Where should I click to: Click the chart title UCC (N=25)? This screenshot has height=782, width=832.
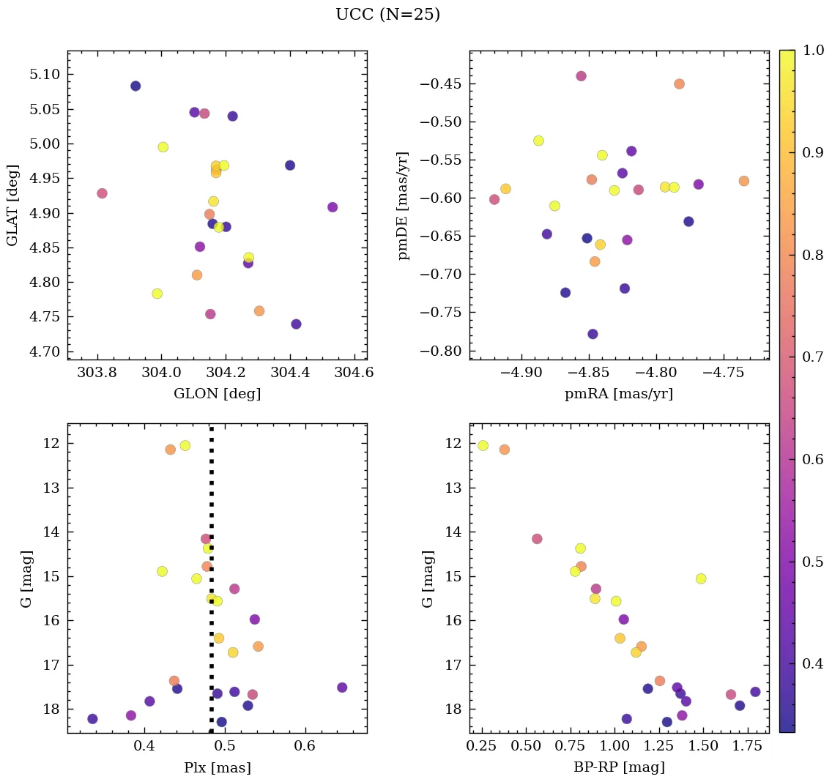(387, 15)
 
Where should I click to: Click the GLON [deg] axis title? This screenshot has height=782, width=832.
(217, 394)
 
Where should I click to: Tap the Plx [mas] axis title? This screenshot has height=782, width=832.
(217, 768)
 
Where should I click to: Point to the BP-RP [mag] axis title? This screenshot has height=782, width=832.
(619, 768)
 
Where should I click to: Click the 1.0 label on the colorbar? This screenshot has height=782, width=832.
(813, 50)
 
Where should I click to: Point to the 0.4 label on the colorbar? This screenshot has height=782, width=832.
(813, 663)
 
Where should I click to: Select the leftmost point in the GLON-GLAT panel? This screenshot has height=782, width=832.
(102, 193)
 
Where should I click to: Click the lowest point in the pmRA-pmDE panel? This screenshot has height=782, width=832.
(593, 334)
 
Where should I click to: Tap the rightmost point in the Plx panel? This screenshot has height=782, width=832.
(342, 688)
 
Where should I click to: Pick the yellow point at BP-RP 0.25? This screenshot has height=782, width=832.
(483, 445)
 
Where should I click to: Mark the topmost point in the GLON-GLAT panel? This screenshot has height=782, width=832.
(135, 86)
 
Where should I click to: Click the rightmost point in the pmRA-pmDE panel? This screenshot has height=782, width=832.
(744, 181)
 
